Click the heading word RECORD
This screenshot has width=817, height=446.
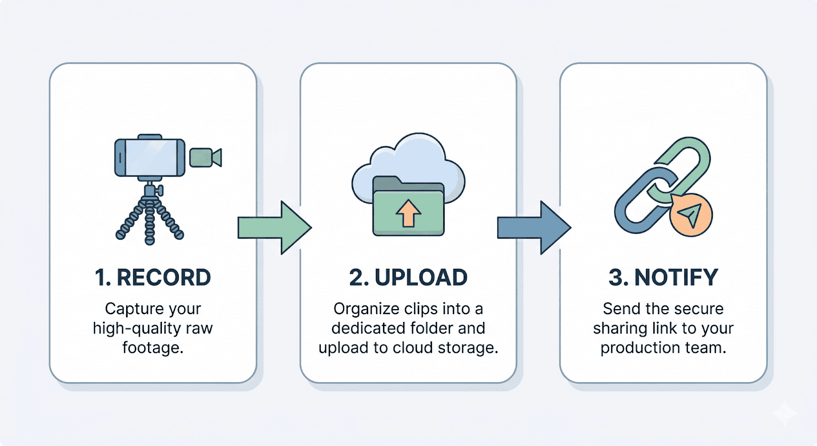click(163, 278)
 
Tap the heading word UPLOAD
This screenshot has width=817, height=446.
click(421, 278)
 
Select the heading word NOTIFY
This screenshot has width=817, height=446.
click(676, 278)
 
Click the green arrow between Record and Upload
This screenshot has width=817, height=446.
click(274, 228)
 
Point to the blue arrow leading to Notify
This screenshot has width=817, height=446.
click(533, 228)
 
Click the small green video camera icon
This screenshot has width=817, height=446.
click(204, 157)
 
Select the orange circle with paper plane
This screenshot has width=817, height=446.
click(691, 215)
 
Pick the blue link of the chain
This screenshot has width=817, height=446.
click(638, 204)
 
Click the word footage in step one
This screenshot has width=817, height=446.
click(152, 348)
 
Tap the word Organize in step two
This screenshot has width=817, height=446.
click(366, 309)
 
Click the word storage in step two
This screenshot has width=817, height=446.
click(468, 348)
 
